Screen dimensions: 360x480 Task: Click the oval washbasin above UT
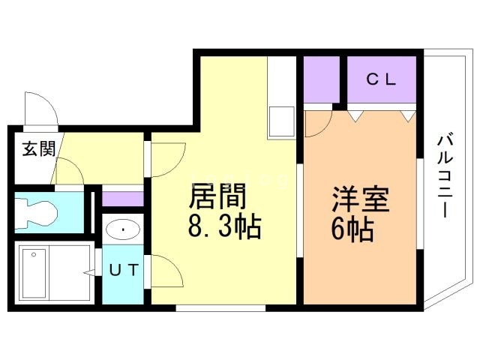[120, 228]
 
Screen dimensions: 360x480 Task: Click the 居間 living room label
[218, 198]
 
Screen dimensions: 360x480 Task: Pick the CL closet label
[381, 79]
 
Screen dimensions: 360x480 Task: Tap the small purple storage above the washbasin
[121, 199]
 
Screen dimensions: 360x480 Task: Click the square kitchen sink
[282, 119]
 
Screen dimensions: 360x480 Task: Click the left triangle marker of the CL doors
[354, 115]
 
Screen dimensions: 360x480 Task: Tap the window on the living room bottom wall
[220, 307]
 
